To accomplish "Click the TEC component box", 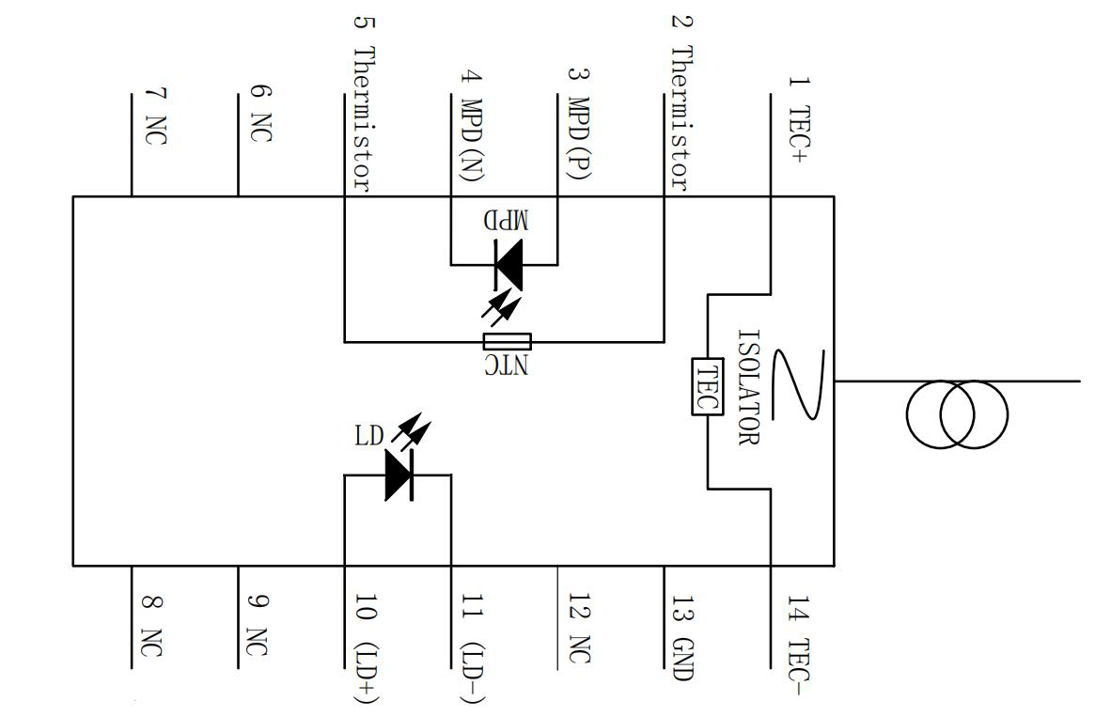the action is (x=707, y=386).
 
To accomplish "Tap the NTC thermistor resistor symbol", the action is (x=508, y=342).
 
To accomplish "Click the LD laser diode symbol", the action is (x=399, y=475).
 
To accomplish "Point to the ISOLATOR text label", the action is (x=748, y=387).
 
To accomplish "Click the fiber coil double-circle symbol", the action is (x=957, y=414).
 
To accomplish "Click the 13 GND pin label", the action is (x=681, y=638).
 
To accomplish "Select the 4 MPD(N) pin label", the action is (x=473, y=126).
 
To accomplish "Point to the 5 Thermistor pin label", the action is (x=365, y=102).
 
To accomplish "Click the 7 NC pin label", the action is (x=155, y=116).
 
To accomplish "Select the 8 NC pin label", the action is (x=152, y=626).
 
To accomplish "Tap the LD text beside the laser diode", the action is (x=369, y=436).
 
